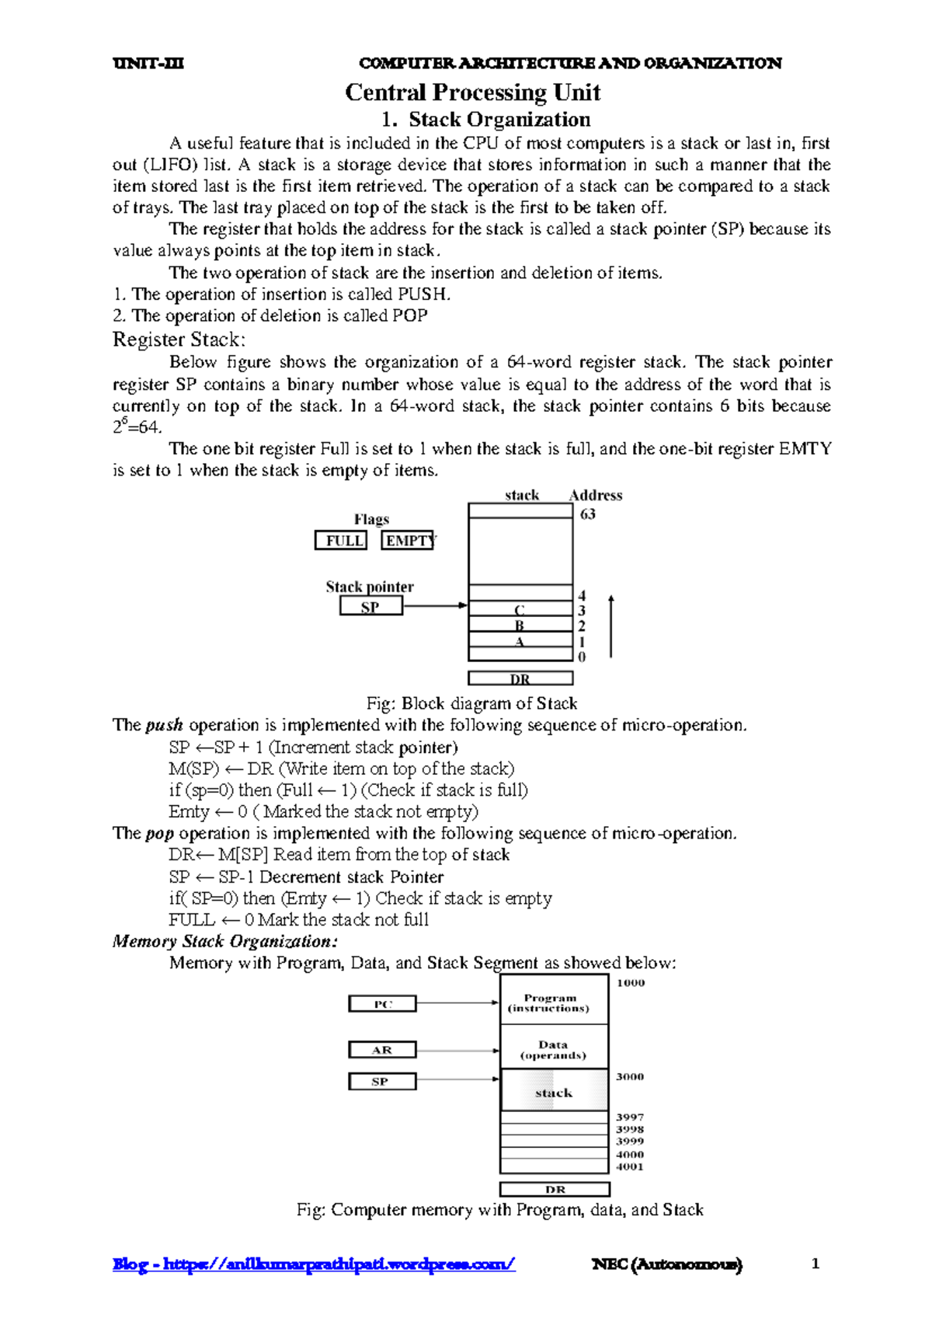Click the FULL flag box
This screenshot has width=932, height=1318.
coord(341,540)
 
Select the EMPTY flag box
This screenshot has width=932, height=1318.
coord(408,540)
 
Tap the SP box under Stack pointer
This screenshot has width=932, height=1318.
coord(371,607)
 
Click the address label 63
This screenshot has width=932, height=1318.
coord(588,514)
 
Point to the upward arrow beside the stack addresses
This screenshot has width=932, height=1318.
coord(611,626)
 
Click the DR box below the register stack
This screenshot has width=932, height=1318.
coord(520,678)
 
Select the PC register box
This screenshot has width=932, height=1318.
coord(382,1004)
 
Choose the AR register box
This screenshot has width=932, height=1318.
coord(382,1050)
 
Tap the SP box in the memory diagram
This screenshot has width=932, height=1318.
coord(382,1081)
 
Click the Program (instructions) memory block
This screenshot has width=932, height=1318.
coord(554,1003)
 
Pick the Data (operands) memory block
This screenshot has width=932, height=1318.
coord(554,1049)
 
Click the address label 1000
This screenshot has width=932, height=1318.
coord(631,983)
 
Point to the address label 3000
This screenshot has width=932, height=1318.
coord(630,1077)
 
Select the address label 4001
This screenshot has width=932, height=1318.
coord(630,1166)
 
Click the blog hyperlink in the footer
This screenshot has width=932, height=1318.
coord(314,1264)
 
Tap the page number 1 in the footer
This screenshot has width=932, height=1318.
coord(815,1264)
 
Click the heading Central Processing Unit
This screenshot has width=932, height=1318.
coord(472,92)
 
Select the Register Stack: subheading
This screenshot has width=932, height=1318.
coord(179,340)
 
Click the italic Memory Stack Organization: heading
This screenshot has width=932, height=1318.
coord(225,941)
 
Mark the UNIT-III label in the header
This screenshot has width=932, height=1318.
coord(148,63)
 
